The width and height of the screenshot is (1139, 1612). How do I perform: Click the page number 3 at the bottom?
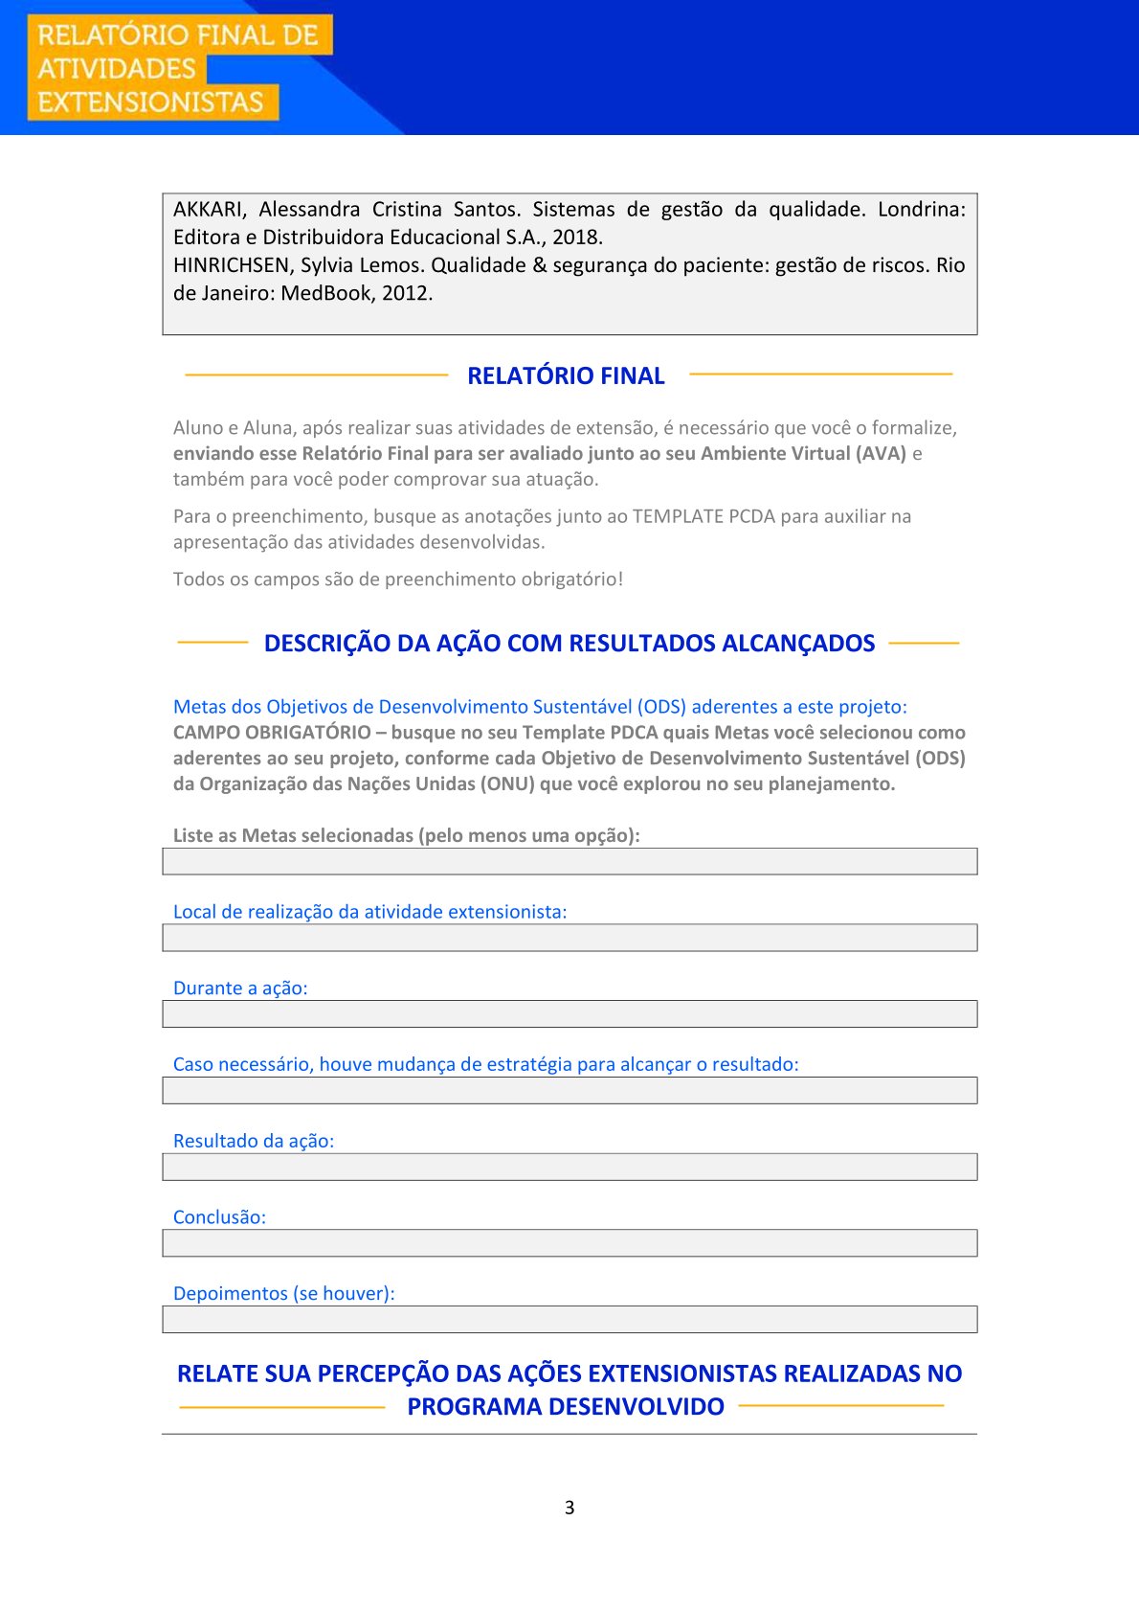pos(569,1508)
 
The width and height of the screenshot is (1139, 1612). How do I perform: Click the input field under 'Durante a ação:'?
pos(569,1013)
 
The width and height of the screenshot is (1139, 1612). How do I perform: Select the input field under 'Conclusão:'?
pos(569,1243)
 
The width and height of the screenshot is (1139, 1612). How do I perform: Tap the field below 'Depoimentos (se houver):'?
pos(569,1319)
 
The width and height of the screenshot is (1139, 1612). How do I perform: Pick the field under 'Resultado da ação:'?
pos(569,1167)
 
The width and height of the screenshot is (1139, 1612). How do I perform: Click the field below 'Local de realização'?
pos(569,938)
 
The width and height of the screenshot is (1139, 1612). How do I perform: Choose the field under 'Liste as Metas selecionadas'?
pos(569,861)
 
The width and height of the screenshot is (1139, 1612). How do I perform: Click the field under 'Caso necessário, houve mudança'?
pos(569,1090)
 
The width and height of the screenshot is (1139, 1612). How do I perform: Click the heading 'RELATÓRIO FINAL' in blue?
pos(566,375)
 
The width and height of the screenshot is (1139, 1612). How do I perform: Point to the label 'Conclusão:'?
pos(219,1217)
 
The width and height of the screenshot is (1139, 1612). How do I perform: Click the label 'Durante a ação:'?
pos(240,988)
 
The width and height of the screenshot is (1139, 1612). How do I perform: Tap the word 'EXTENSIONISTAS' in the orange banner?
pos(150,102)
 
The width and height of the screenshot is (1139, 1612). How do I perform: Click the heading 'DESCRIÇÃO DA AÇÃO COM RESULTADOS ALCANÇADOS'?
pos(569,644)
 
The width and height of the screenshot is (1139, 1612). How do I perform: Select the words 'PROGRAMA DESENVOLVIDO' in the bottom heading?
pos(566,1407)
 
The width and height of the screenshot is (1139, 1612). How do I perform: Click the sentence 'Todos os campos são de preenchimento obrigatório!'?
pos(398,579)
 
